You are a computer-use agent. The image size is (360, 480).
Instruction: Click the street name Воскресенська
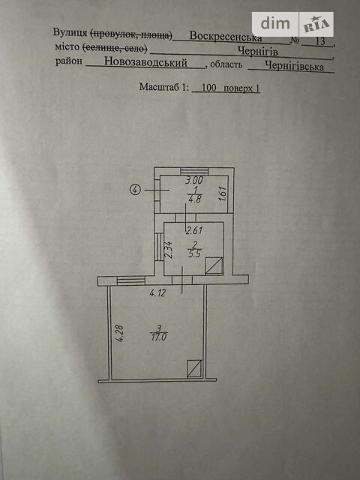226,37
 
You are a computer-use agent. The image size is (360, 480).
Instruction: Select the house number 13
319,41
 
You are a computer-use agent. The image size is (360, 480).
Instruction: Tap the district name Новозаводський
145,62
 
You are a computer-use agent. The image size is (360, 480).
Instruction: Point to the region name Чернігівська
294,66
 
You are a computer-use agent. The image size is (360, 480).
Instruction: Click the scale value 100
209,88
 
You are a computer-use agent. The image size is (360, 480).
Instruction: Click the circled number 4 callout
135,190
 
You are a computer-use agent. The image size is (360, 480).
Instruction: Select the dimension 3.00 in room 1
194,180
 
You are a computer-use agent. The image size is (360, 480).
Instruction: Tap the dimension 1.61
223,193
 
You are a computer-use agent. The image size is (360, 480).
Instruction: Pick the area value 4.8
195,199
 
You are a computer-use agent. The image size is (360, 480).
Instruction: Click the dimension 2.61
194,230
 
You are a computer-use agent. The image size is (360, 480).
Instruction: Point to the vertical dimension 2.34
169,250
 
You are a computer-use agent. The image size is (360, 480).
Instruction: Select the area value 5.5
194,253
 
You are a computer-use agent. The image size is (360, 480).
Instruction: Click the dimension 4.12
157,293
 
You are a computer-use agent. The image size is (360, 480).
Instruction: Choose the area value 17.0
159,337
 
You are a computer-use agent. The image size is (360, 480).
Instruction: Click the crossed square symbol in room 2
214,266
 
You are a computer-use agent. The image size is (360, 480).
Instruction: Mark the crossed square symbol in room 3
195,368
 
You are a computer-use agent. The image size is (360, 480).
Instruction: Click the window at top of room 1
194,172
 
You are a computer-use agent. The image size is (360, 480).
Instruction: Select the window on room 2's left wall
159,247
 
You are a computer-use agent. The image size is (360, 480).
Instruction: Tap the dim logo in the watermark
275,24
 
